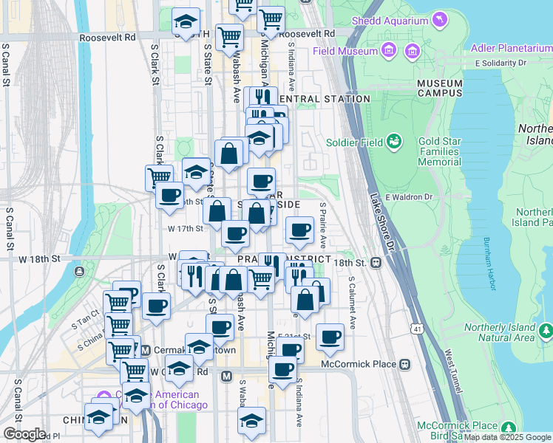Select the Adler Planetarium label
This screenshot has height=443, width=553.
[512, 49]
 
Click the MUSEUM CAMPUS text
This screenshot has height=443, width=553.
[440, 89]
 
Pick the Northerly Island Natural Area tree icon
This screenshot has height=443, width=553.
[546, 329]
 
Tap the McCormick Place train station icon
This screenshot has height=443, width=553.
[405, 364]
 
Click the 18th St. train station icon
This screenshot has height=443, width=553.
[376, 262]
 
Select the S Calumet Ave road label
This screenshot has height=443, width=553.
[352, 303]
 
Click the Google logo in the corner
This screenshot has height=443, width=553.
[24, 433]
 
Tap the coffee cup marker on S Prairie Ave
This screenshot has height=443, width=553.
[299, 232]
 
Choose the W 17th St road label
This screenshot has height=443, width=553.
[185, 229]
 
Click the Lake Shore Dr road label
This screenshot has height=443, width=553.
[382, 221]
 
